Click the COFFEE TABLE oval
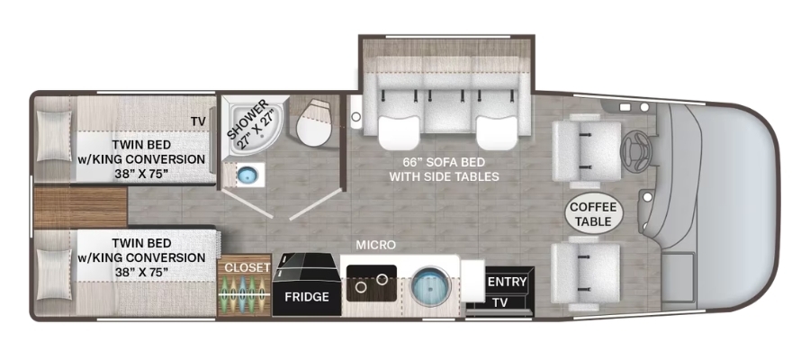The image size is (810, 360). click(x=593, y=214)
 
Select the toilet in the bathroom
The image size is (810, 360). click(x=313, y=122)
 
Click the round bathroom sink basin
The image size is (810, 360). click(x=247, y=175)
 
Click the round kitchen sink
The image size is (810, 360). click(x=430, y=284)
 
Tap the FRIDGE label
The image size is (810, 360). click(x=307, y=297)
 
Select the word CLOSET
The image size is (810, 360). click(x=247, y=267)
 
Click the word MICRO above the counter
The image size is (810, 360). click(x=375, y=245)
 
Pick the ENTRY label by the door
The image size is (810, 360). click(x=508, y=282)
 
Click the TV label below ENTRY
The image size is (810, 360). click(x=500, y=302)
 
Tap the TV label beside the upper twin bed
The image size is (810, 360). click(x=198, y=121)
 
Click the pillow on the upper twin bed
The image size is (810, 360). click(x=54, y=136)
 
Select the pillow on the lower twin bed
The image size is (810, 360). click(x=54, y=274)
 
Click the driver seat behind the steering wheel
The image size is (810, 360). click(x=587, y=151)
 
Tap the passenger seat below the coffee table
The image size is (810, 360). click(x=585, y=273)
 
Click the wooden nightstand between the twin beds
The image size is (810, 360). click(x=81, y=207)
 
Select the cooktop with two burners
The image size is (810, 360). click(x=372, y=283)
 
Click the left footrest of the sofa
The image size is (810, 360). click(x=399, y=132)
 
